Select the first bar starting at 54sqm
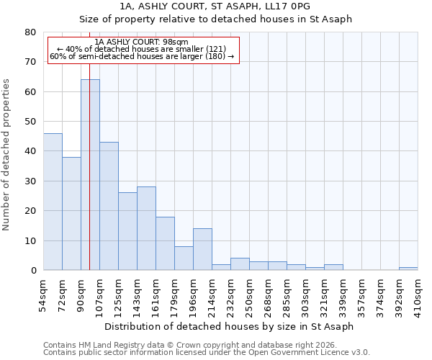[53, 202]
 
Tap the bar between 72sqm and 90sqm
[71, 214]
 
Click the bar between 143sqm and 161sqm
[146, 228]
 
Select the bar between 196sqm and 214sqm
[202, 249]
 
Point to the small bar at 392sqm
[408, 269]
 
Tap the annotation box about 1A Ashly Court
[143, 49]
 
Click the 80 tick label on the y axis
[30, 32]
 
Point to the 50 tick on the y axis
[30, 122]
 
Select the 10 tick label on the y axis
[30, 240]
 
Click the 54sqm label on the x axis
[43, 293]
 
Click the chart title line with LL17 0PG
[215, 6]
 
